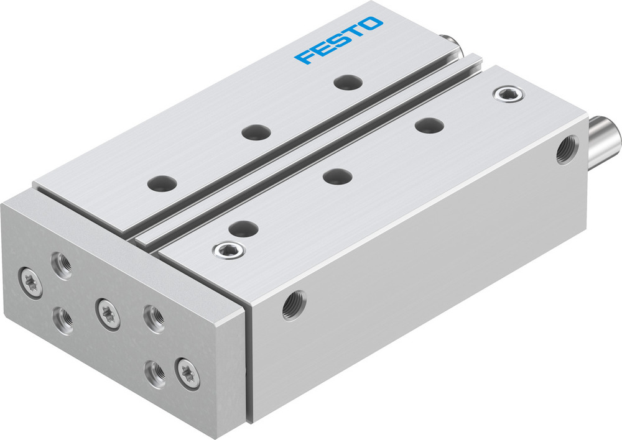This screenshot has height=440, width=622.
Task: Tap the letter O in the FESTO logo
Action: click(x=371, y=24)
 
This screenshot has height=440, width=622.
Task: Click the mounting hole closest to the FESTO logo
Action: click(x=346, y=81)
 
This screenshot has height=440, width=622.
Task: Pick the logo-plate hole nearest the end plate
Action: click(x=162, y=183)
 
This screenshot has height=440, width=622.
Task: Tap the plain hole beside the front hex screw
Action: click(x=244, y=228)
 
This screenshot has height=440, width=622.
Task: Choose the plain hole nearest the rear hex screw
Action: click(x=429, y=125)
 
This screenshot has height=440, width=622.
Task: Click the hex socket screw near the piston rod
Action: click(x=508, y=94)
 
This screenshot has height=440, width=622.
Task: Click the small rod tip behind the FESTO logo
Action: click(x=450, y=44)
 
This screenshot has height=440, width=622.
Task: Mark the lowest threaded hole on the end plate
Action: click(x=155, y=373)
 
